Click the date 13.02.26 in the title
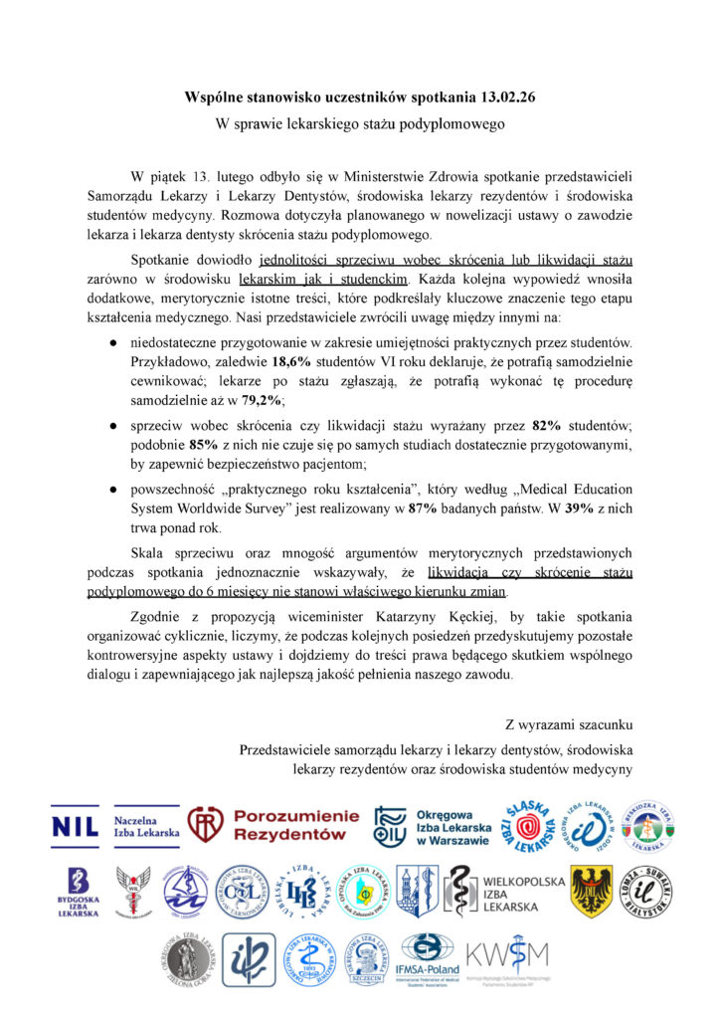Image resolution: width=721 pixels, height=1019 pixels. (503, 98)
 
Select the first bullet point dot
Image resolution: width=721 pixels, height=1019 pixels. (114, 342)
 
